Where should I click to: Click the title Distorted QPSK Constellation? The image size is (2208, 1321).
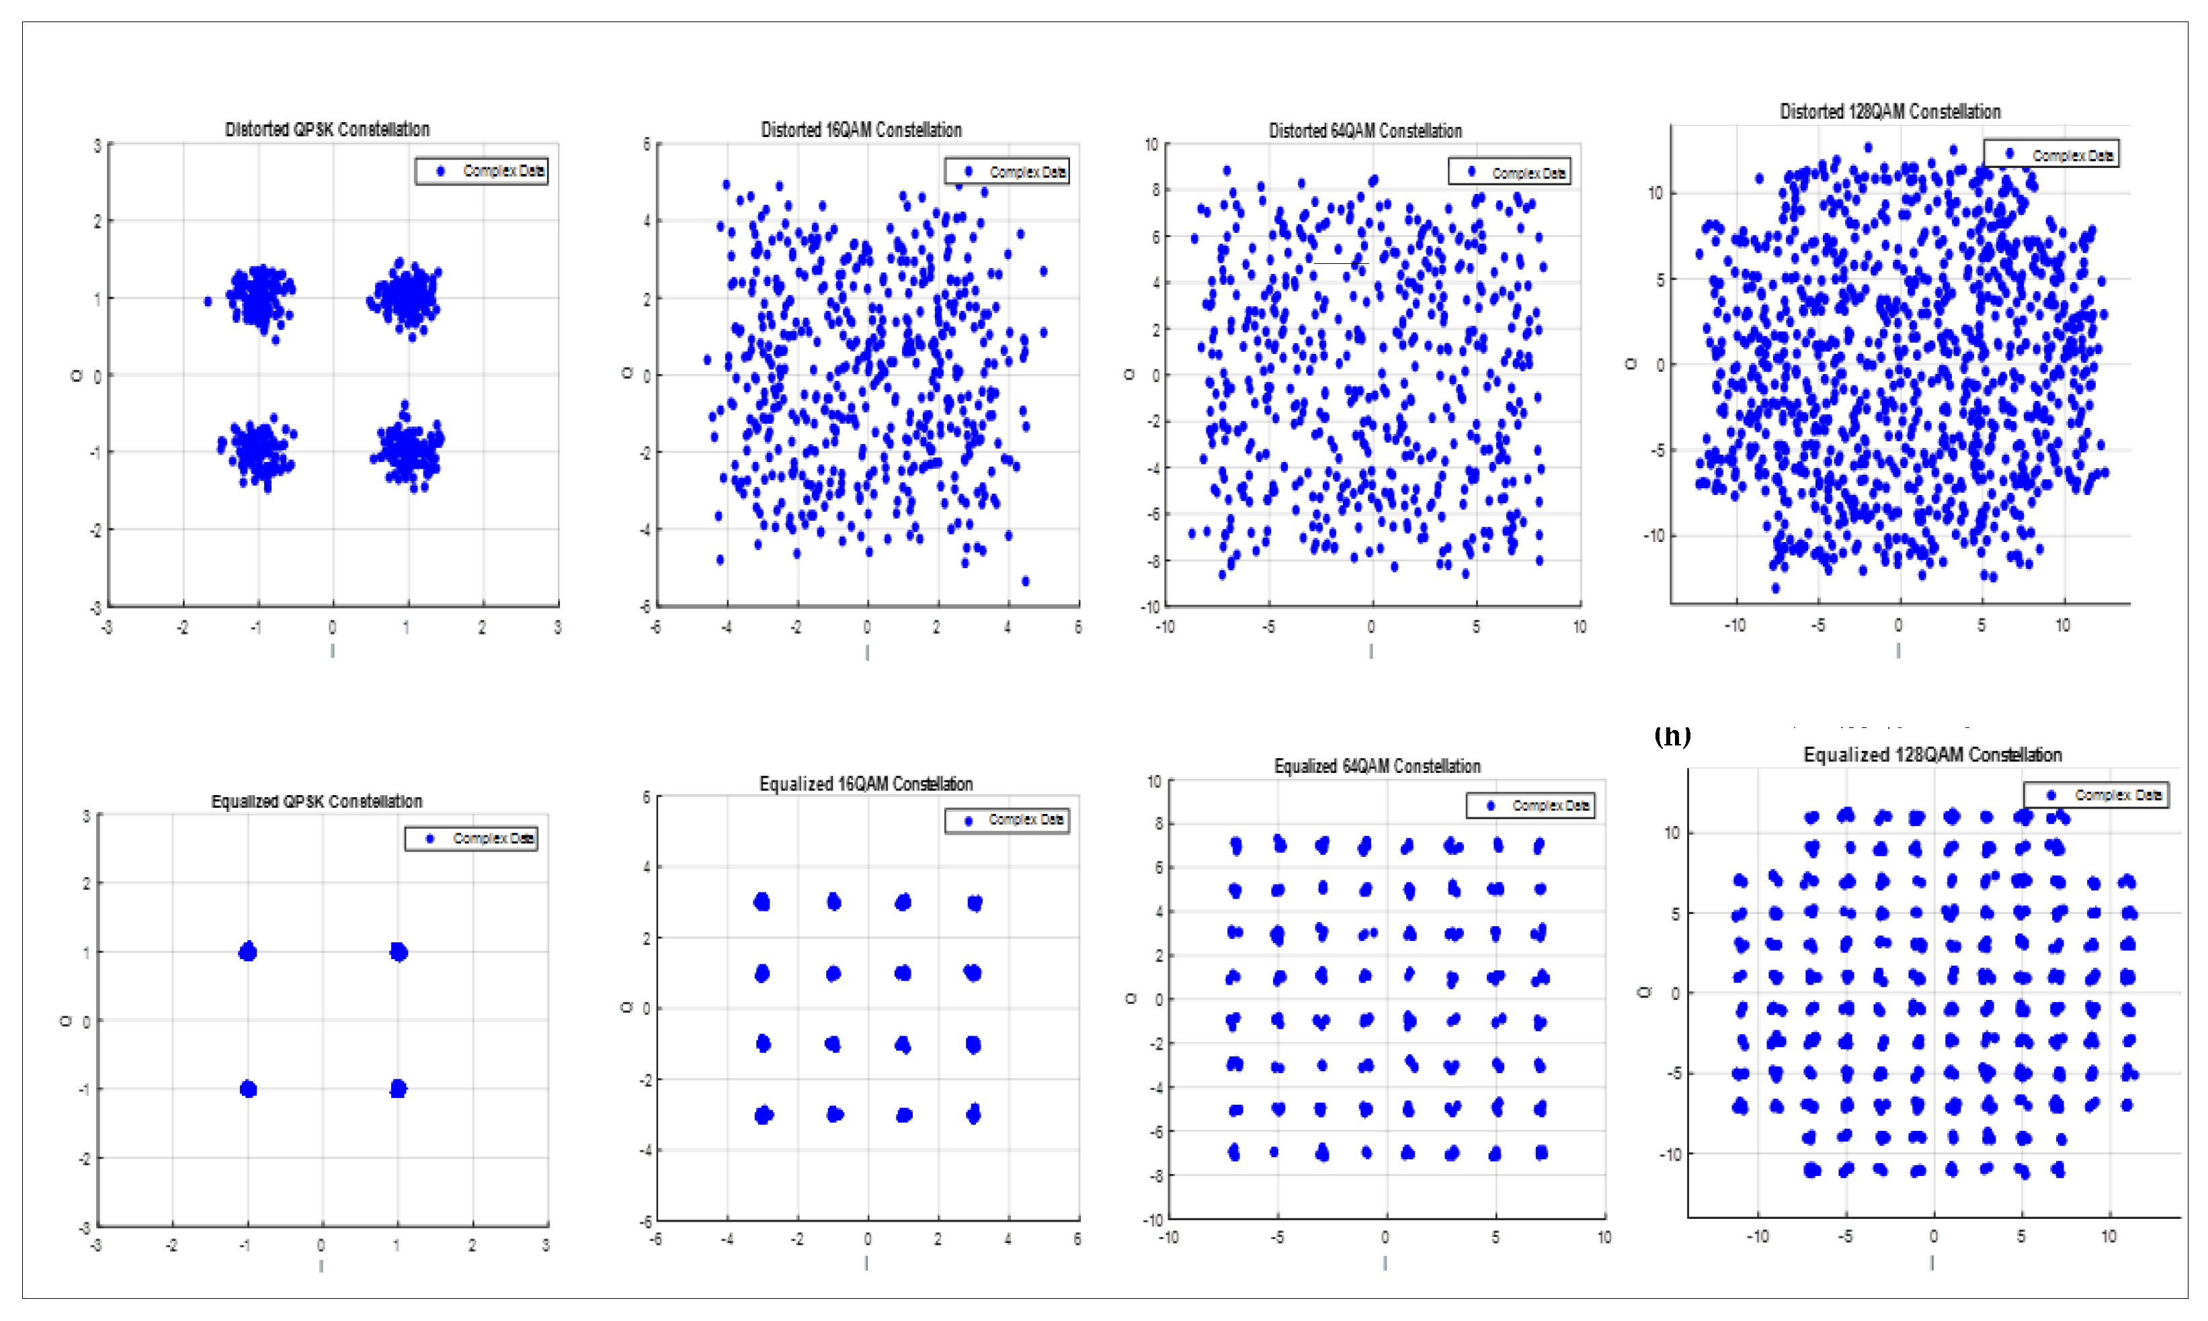tap(327, 129)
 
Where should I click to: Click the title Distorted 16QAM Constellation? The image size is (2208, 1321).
tap(860, 130)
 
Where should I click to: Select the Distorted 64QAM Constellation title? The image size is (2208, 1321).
tap(1364, 131)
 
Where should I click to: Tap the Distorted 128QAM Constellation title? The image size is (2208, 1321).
tap(1889, 111)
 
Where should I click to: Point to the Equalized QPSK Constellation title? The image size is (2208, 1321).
tap(316, 801)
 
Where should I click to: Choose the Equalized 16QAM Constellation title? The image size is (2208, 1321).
tap(865, 783)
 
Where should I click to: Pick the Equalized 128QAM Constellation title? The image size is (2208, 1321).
tap(1932, 755)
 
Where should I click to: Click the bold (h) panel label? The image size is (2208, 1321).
tap(1672, 736)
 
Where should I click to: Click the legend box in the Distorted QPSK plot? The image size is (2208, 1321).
tap(481, 171)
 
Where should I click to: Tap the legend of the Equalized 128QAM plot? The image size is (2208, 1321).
tap(2095, 795)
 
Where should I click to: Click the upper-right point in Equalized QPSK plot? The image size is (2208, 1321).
tap(398, 952)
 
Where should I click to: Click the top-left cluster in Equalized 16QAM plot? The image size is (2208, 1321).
tap(762, 902)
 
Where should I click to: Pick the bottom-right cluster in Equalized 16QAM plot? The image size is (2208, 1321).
tap(973, 1113)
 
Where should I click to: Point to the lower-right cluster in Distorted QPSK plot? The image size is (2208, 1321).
tap(408, 449)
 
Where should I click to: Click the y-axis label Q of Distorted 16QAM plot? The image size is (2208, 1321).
tap(626, 374)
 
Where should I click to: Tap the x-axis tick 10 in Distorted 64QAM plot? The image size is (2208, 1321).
tap(1579, 627)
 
